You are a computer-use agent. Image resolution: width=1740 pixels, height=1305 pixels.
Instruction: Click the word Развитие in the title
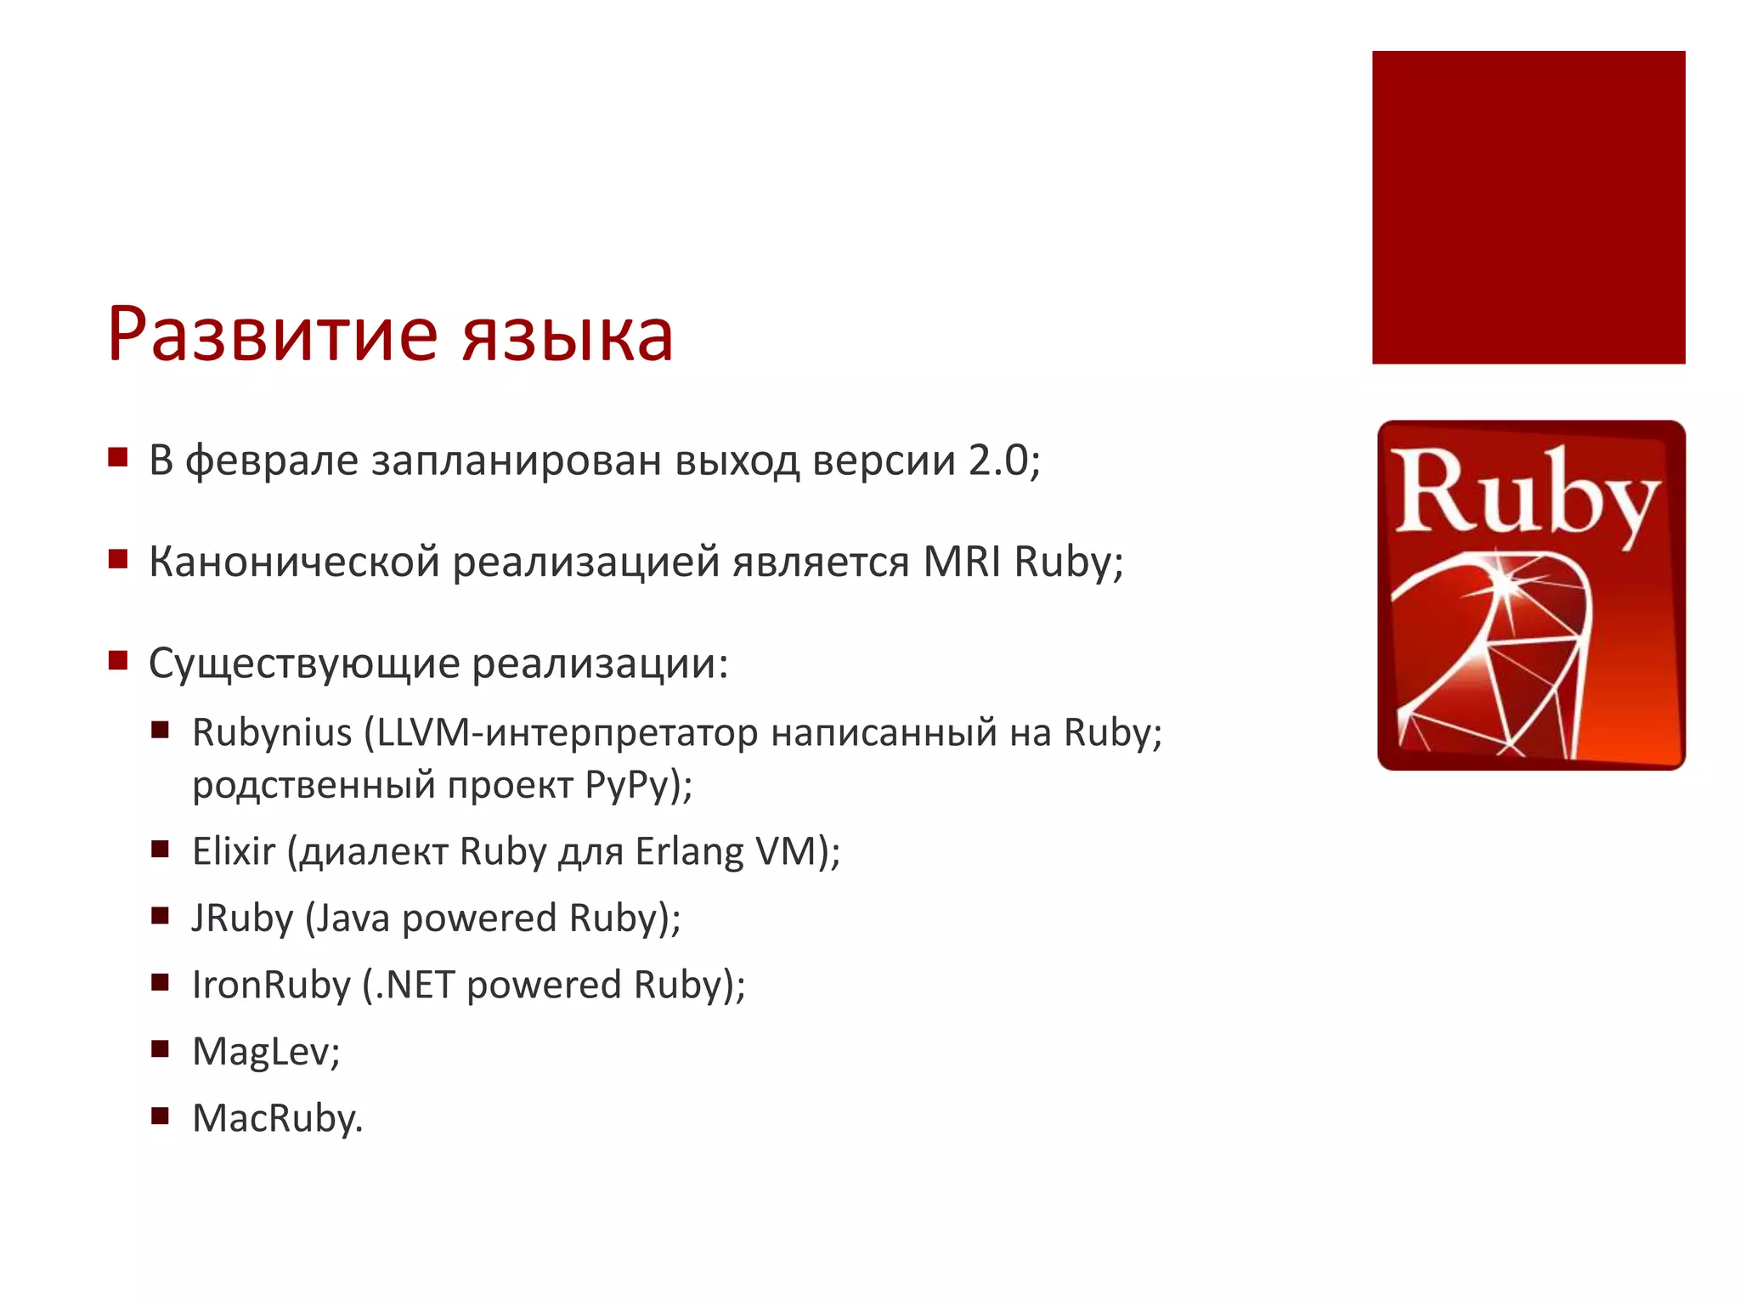pyautogui.click(x=273, y=335)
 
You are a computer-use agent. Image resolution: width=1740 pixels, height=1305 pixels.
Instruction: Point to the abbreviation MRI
pyautogui.click(x=962, y=562)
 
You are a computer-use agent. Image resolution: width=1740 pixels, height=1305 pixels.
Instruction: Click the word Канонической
pyautogui.click(x=294, y=562)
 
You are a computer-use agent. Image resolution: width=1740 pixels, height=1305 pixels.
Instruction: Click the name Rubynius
pyautogui.click(x=272, y=733)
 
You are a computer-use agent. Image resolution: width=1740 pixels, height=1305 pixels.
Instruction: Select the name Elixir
pyautogui.click(x=234, y=851)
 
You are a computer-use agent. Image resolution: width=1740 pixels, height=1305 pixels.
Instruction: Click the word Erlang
pyautogui.click(x=689, y=852)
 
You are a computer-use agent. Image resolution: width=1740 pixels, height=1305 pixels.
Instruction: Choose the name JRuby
pyautogui.click(x=243, y=918)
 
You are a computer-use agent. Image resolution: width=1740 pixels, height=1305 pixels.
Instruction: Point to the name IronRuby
pyautogui.click(x=271, y=986)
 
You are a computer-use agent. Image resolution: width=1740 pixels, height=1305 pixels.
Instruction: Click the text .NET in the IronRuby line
pyautogui.click(x=415, y=986)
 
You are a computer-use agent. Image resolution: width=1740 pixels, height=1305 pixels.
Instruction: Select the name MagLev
pyautogui.click(x=263, y=1052)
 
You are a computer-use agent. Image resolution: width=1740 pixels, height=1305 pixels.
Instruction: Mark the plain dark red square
pyautogui.click(x=1528, y=207)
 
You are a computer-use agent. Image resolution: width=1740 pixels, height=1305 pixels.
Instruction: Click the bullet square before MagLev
pyautogui.click(x=161, y=1048)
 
